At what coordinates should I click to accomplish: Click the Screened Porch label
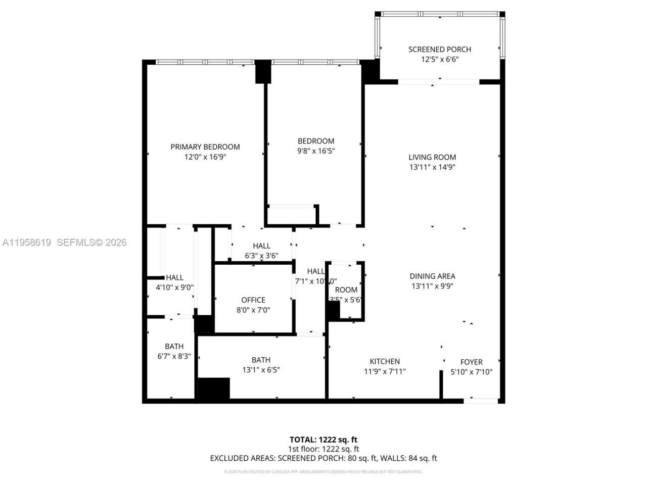[x=439, y=49]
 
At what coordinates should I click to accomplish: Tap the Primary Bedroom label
[x=205, y=147]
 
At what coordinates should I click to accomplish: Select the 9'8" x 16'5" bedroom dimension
[x=316, y=151]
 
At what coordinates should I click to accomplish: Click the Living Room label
[x=432, y=157]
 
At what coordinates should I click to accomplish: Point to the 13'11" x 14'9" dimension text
[x=432, y=167]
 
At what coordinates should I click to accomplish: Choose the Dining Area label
[x=432, y=276]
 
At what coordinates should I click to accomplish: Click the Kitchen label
[x=385, y=361]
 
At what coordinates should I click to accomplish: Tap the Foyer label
[x=471, y=362]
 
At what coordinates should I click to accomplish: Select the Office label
[x=253, y=300]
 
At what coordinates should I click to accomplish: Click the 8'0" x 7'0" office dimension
[x=253, y=310]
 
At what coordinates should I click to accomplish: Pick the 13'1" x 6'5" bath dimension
[x=261, y=370]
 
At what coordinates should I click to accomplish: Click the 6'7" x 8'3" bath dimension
[x=174, y=356]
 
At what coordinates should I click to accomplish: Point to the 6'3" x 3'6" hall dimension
[x=261, y=256]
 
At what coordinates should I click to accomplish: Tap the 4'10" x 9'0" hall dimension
[x=174, y=287]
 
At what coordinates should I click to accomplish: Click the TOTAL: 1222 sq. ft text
[x=323, y=440]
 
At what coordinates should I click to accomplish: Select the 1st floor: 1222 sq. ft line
[x=323, y=449]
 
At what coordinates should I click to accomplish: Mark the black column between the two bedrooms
[x=263, y=72]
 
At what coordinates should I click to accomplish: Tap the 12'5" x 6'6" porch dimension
[x=439, y=59]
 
